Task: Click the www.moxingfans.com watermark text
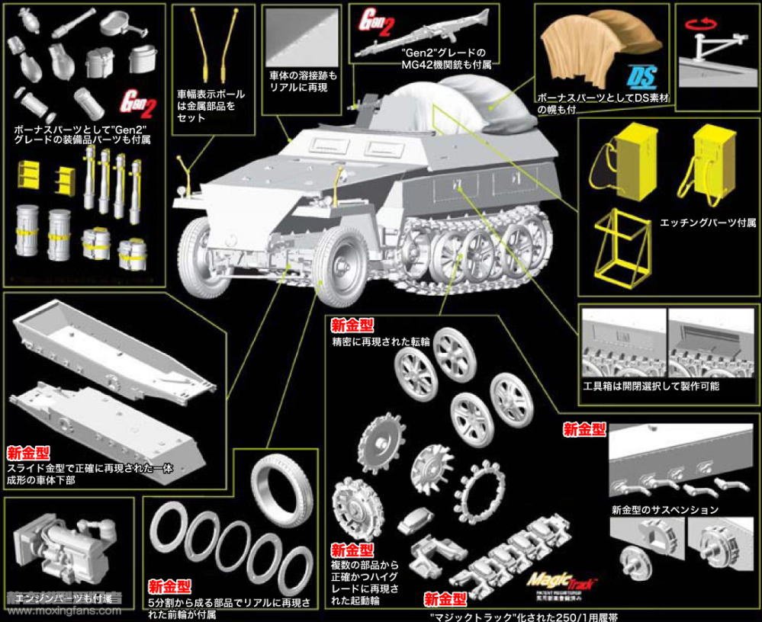(61, 610)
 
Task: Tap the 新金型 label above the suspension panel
(584, 429)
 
